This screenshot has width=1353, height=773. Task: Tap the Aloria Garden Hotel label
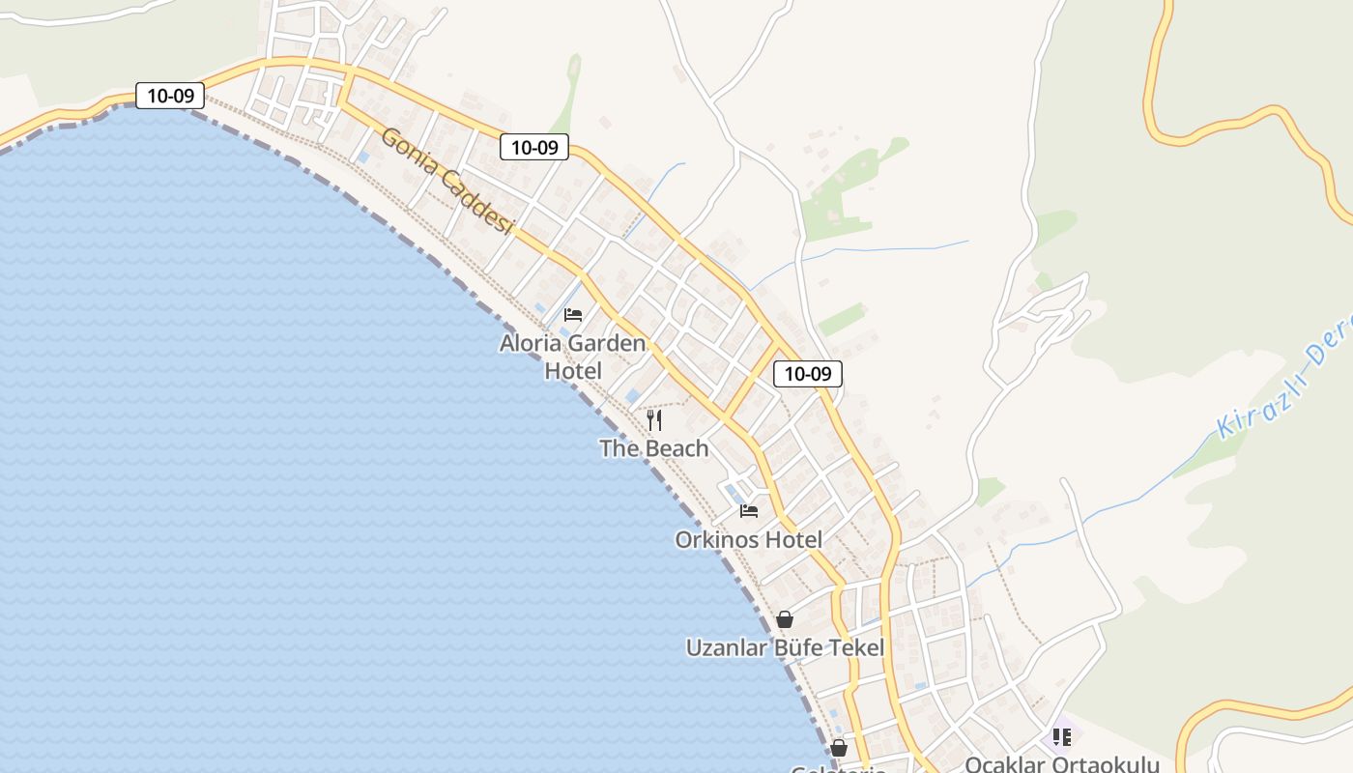(x=572, y=357)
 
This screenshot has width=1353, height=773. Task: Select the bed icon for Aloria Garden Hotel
(x=573, y=315)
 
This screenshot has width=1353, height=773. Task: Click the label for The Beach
(x=653, y=448)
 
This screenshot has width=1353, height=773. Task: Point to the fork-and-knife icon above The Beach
(x=654, y=419)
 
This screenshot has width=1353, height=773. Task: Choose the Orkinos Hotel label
(x=748, y=540)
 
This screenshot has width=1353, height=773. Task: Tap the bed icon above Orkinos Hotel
(x=749, y=511)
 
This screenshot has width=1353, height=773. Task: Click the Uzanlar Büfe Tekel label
(x=785, y=647)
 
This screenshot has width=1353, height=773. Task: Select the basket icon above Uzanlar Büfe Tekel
(x=785, y=619)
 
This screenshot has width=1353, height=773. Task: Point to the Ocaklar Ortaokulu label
(x=1061, y=764)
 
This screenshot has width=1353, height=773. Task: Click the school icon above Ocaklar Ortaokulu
(x=1062, y=737)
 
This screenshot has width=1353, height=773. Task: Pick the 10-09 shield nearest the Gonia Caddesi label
(x=534, y=147)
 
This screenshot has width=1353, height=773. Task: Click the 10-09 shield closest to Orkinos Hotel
(x=808, y=374)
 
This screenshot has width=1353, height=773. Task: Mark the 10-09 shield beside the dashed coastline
(x=170, y=96)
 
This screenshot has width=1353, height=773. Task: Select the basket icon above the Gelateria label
(x=839, y=748)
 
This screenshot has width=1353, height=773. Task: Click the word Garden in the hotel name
(x=607, y=343)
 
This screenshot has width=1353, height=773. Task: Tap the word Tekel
(x=853, y=647)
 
